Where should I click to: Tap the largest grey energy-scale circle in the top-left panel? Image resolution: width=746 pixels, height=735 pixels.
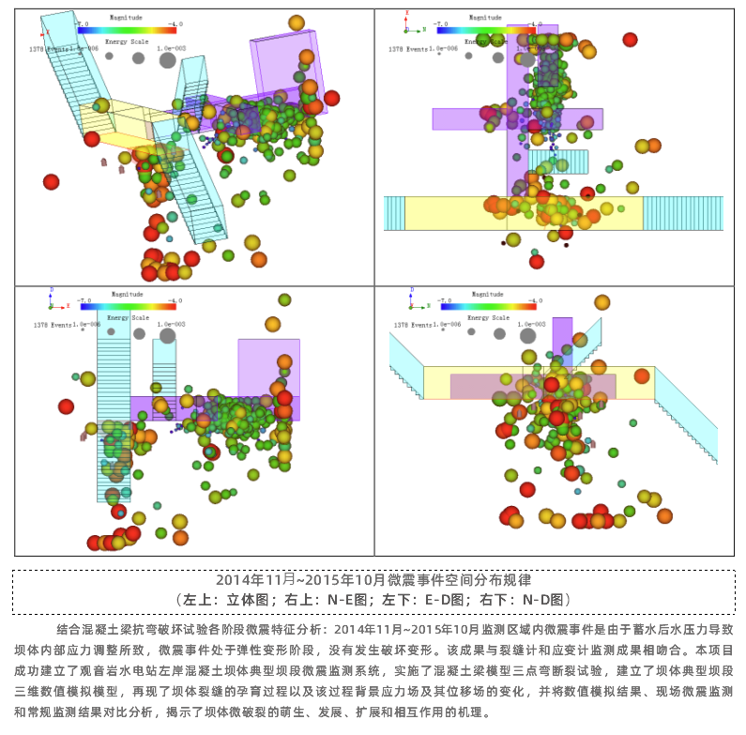coord(168,60)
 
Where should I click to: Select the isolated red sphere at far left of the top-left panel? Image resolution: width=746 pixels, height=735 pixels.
coord(51,182)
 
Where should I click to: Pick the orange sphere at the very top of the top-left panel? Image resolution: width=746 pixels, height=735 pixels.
coord(297,23)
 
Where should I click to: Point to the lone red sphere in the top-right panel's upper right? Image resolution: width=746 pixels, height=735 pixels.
coord(631,39)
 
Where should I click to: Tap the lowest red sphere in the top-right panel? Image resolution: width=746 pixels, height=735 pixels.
coord(536,262)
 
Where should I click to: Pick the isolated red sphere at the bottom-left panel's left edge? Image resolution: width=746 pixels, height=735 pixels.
coord(66,406)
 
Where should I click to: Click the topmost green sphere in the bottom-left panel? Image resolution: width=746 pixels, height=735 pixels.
coord(284,299)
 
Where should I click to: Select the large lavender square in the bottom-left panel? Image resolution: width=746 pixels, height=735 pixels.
coord(268,366)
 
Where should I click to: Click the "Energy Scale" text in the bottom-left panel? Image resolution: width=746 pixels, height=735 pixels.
coord(127,318)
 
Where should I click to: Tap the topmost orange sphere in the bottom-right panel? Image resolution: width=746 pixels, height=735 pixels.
coord(602,301)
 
